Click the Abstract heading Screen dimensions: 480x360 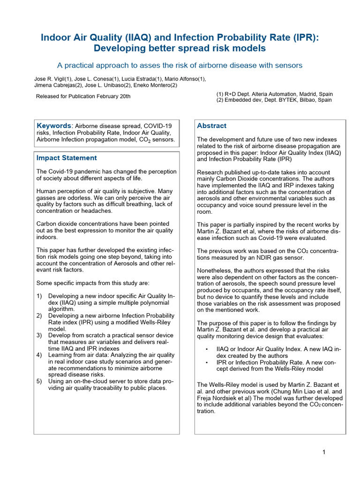(211, 126)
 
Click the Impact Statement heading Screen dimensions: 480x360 (67, 158)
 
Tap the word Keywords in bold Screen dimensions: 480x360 (54, 126)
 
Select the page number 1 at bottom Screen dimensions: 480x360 (324, 452)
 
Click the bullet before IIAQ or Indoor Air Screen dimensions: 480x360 (207, 349)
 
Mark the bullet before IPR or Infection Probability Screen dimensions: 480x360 (207, 362)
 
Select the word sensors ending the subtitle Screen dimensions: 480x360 (289, 65)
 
